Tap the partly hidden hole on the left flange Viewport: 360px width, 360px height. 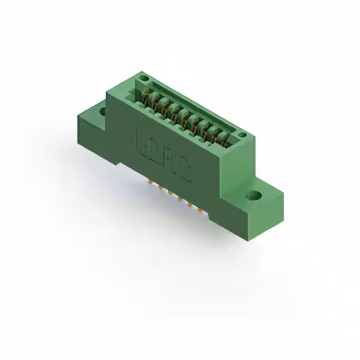tap(102, 111)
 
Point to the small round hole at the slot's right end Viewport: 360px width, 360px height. tap(242, 135)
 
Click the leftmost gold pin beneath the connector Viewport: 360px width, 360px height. tap(150, 182)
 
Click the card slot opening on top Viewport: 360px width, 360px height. tap(186, 112)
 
